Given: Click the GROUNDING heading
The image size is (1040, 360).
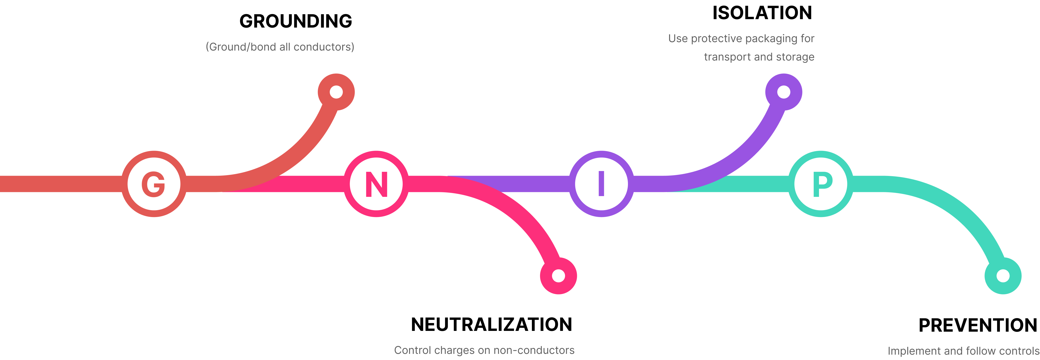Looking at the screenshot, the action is (296, 21).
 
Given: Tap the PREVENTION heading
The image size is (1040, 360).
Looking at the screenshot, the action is (978, 325).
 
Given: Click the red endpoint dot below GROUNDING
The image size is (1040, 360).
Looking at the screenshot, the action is (336, 92).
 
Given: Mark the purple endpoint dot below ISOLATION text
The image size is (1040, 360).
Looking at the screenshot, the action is (784, 92).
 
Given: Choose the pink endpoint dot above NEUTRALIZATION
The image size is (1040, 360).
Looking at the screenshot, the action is (558, 276).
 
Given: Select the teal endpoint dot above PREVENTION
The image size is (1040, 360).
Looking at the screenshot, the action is (1003, 276).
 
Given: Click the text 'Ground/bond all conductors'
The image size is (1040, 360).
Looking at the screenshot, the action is (280, 47).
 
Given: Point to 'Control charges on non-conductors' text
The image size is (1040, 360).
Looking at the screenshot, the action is (484, 350).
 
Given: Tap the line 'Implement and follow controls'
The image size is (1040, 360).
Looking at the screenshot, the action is (963, 351).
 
